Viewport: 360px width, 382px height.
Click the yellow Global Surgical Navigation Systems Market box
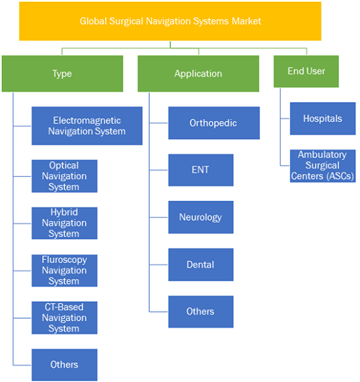(x=170, y=21)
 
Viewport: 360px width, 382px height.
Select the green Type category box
(x=62, y=73)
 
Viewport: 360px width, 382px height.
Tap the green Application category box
(x=198, y=73)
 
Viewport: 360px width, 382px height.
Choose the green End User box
(x=306, y=71)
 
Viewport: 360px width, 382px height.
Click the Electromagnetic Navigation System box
(x=87, y=126)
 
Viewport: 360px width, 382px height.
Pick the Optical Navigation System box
(x=64, y=176)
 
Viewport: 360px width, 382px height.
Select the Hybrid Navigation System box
(x=64, y=223)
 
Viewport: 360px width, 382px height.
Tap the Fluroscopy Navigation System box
(x=64, y=271)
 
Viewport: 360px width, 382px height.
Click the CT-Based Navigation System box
(x=64, y=318)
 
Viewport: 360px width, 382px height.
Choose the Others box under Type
(x=64, y=365)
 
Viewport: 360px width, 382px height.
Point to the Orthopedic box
(x=214, y=123)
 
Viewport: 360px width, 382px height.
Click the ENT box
(x=201, y=170)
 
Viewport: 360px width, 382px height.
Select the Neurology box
(x=201, y=217)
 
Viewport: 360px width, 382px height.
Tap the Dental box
(x=201, y=265)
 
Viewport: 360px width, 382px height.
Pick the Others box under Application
(x=201, y=312)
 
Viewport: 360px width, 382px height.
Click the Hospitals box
(x=323, y=118)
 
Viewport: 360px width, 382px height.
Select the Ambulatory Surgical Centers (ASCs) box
(x=323, y=166)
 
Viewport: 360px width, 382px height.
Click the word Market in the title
(x=246, y=21)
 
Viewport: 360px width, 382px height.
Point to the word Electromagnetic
(x=87, y=120)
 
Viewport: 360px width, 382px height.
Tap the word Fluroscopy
(x=64, y=260)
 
